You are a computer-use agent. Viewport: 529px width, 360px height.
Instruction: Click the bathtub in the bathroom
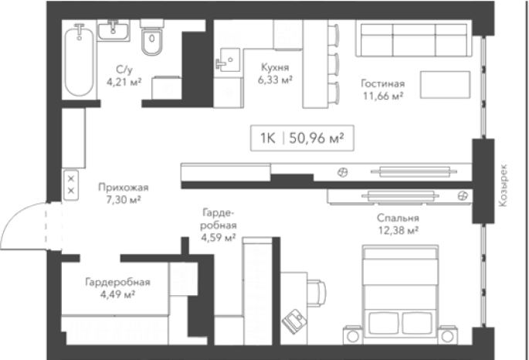click(80, 61)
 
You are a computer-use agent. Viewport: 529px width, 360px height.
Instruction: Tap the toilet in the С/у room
click(152, 37)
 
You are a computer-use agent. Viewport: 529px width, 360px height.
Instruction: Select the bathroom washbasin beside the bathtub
click(113, 31)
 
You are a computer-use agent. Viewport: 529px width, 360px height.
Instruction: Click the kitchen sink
click(227, 60)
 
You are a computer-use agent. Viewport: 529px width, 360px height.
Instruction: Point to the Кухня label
click(275, 67)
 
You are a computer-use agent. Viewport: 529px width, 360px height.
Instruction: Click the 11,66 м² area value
click(383, 96)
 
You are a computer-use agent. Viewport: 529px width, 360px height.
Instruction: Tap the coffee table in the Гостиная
click(445, 85)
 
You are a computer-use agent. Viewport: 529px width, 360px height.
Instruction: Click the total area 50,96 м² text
click(317, 138)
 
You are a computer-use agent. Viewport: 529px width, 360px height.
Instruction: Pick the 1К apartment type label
click(268, 138)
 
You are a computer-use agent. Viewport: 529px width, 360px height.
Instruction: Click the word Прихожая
click(124, 187)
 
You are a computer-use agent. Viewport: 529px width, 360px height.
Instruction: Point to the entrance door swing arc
click(14, 216)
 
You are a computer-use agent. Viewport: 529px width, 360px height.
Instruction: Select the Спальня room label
click(398, 218)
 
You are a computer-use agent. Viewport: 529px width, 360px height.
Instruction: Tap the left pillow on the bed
click(384, 323)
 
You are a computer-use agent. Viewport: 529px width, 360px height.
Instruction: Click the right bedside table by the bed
click(448, 335)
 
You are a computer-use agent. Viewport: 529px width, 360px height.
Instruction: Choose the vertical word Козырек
click(503, 185)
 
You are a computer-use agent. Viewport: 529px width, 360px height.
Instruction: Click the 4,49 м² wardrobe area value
click(117, 294)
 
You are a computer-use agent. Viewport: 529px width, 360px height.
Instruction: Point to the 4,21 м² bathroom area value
click(124, 82)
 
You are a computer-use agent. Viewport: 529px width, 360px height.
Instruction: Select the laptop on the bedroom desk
click(294, 321)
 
